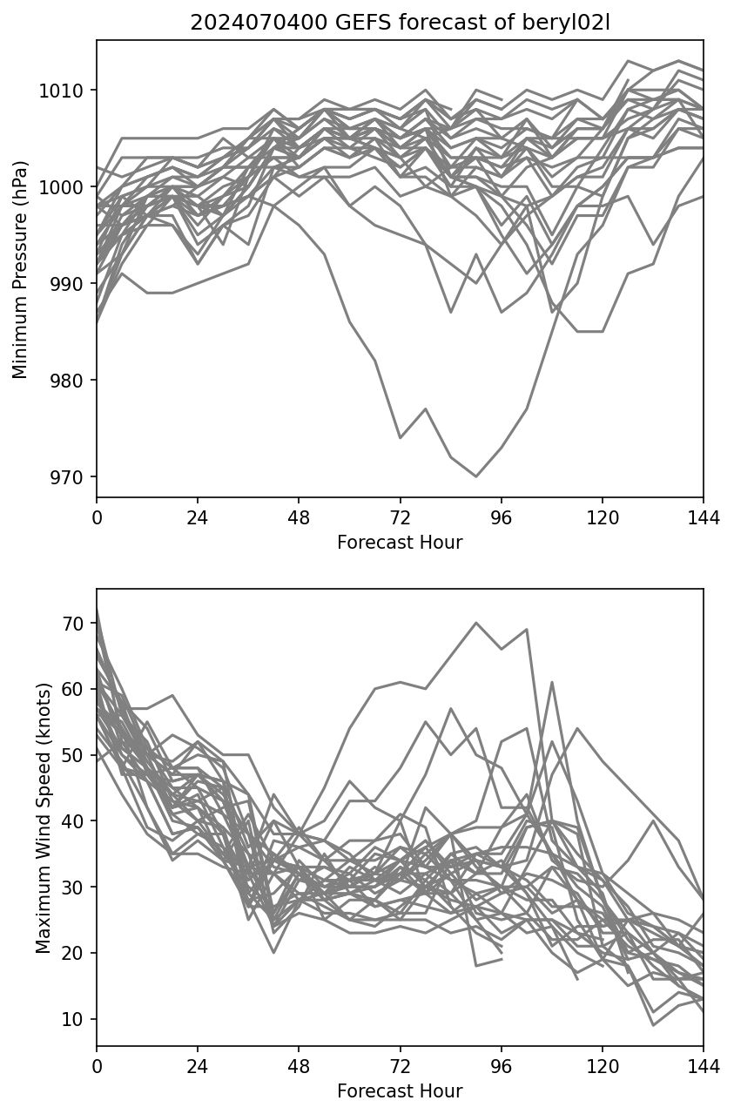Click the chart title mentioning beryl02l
(x=400, y=23)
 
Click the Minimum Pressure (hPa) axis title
(x=20, y=269)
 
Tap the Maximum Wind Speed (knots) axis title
(x=43, y=818)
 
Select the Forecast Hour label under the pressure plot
(x=400, y=543)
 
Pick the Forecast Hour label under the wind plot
(x=400, y=1091)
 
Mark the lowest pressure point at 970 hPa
(x=476, y=476)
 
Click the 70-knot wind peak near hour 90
(x=476, y=623)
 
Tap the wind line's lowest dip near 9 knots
(x=653, y=1025)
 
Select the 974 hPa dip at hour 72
(x=400, y=437)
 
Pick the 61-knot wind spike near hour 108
(x=552, y=682)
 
